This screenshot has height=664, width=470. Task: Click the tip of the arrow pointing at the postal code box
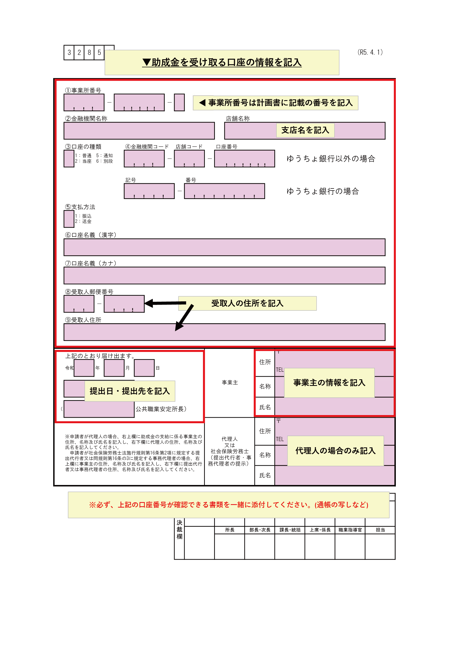pyautogui.click(x=145, y=303)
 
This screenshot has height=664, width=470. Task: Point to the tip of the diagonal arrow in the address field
pyautogui.click(x=176, y=330)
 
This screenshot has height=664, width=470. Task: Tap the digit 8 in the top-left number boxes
pyautogui.click(x=89, y=52)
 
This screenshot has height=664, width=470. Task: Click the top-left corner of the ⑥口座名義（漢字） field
pyautogui.click(x=64, y=239)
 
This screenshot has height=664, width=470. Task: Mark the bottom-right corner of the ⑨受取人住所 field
pyautogui.click(x=385, y=340)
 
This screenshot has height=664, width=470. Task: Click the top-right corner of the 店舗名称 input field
pyautogui.click(x=385, y=122)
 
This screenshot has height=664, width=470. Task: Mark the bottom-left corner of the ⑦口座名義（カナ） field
pyautogui.click(x=64, y=284)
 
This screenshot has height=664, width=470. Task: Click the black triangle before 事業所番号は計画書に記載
pyautogui.click(x=202, y=103)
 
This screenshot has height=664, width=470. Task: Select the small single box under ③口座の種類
pyautogui.click(x=69, y=159)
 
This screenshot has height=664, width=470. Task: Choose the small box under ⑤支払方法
pyautogui.click(x=69, y=219)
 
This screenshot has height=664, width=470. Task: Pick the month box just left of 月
pyautogui.click(x=114, y=368)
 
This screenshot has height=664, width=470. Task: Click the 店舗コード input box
pyautogui.click(x=189, y=159)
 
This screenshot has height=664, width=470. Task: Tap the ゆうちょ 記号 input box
pyautogui.click(x=149, y=191)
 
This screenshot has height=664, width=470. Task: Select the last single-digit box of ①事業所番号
pyautogui.click(x=179, y=102)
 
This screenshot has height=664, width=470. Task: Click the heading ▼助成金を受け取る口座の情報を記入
pyautogui.click(x=222, y=63)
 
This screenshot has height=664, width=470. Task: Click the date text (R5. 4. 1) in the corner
pyautogui.click(x=370, y=52)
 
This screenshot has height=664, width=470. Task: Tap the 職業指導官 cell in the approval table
pyautogui.click(x=350, y=530)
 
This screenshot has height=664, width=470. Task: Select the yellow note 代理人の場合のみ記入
pyautogui.click(x=335, y=451)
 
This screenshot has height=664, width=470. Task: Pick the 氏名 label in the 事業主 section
pyautogui.click(x=265, y=407)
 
